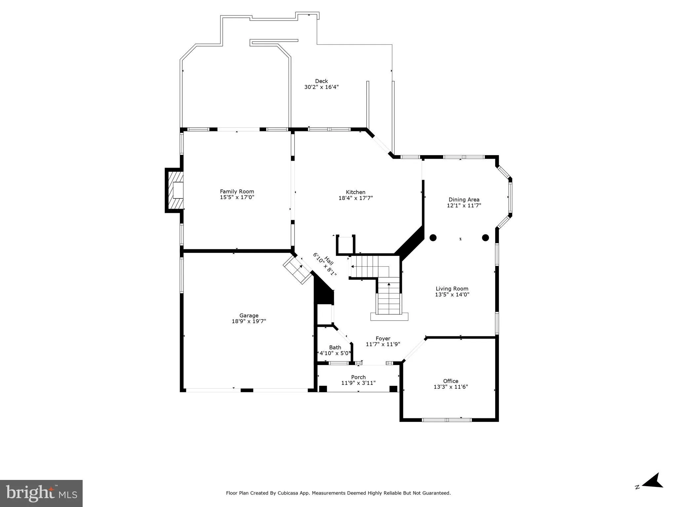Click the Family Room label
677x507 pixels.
(237, 191)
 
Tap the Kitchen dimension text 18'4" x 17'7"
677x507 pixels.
(356, 198)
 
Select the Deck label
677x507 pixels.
(321, 81)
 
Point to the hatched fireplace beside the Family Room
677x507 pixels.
(175, 190)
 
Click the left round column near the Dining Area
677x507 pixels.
(433, 238)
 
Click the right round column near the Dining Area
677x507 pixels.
(485, 238)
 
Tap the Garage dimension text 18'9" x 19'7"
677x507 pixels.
(249, 321)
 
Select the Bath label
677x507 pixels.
(335, 347)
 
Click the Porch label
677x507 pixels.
(358, 377)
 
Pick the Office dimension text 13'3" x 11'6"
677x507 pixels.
(451, 387)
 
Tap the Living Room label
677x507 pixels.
(452, 289)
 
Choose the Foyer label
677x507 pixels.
(383, 338)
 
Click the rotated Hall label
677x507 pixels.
(329, 261)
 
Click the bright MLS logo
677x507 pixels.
(41, 493)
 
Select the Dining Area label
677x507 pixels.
(464, 200)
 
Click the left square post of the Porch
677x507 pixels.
(323, 389)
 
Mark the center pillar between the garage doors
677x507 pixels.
(247, 390)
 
